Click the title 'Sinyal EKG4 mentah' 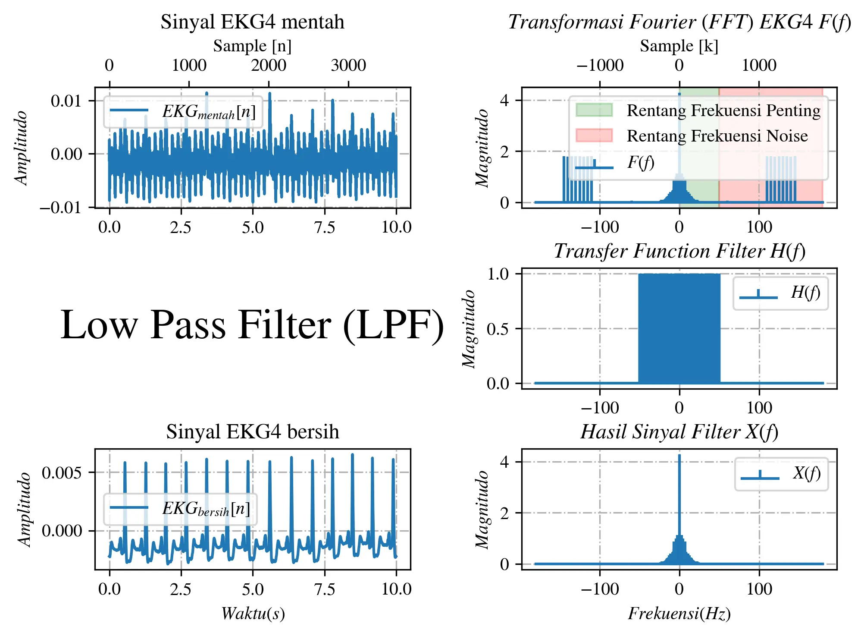point(252,22)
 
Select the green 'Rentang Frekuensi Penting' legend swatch point(594,110)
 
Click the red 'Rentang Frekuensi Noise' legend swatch point(594,135)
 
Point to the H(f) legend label point(805,293)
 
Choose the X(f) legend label point(807,473)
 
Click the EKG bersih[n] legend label point(206,509)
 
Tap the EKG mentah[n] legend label point(209,112)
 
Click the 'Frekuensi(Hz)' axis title point(679,614)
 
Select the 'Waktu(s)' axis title point(253,614)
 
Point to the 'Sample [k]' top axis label point(679,46)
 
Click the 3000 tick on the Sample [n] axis point(348,65)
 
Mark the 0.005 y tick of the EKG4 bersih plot point(62,472)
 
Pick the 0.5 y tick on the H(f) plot point(498,329)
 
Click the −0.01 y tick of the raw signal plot point(61,208)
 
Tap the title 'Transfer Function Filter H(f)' point(679,251)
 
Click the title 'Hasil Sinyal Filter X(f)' point(679,432)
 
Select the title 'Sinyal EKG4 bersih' point(253,432)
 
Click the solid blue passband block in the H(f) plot point(679,328)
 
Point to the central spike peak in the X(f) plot point(679,455)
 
